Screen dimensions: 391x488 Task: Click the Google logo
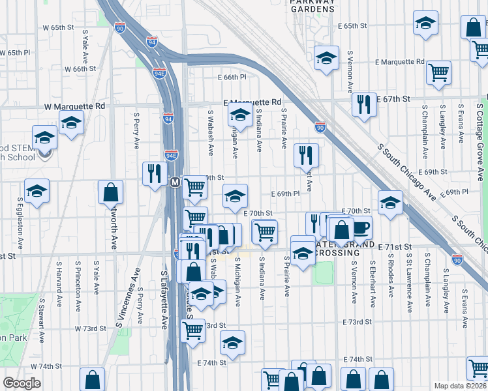(x=21, y=384)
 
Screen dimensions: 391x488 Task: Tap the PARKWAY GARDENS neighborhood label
(x=313, y=6)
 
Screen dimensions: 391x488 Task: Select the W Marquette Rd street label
(x=74, y=106)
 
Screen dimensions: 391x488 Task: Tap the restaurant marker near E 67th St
(x=364, y=104)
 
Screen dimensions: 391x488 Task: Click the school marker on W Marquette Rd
(x=71, y=123)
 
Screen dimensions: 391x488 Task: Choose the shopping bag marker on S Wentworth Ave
(x=110, y=192)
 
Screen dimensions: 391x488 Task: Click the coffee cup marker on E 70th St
(x=359, y=228)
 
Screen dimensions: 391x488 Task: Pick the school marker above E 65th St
(x=425, y=23)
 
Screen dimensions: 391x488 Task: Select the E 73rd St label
(x=357, y=322)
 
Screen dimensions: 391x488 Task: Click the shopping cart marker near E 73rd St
(x=193, y=331)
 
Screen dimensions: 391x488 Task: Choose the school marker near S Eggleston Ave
(x=37, y=192)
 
